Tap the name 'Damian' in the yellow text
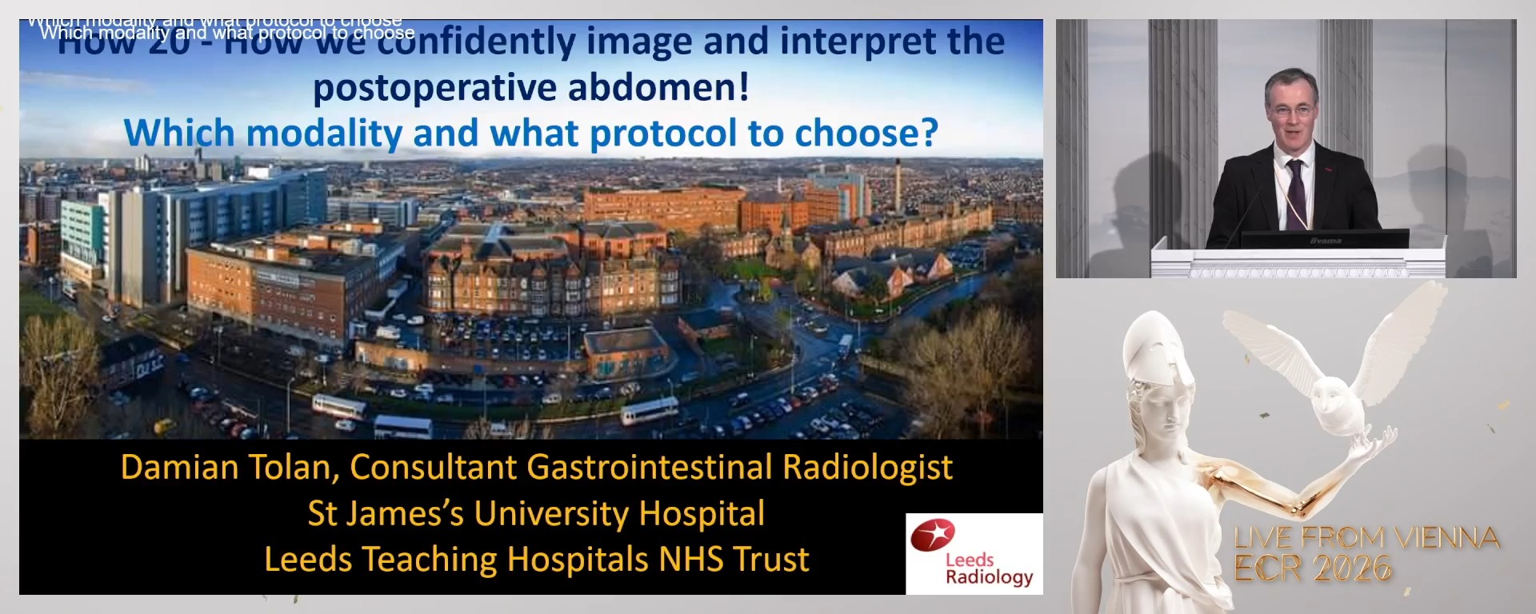click(x=167, y=467)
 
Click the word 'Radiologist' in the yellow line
click(x=867, y=467)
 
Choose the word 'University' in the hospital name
click(x=552, y=513)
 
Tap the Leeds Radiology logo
click(x=974, y=554)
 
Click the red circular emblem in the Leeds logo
click(x=933, y=534)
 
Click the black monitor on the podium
click(x=1325, y=239)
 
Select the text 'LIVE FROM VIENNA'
click(x=1366, y=538)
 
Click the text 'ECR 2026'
click(x=1313, y=568)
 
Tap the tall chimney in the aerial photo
click(x=898, y=184)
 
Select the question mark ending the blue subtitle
click(x=929, y=134)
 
